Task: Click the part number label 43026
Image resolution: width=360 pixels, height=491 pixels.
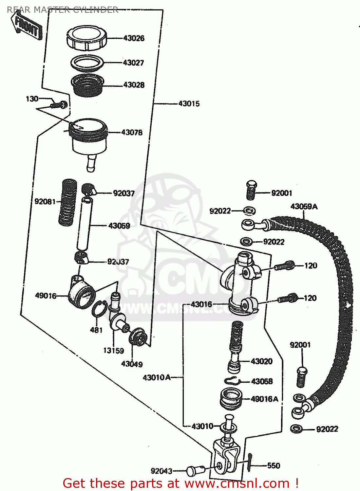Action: pos(134,38)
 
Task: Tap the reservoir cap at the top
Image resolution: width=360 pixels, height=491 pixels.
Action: pos(87,38)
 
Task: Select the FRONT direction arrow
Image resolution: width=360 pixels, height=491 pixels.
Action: pos(27,27)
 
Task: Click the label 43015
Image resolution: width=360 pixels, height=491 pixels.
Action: pos(189,104)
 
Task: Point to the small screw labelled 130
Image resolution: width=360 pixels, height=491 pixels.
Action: pos(59,105)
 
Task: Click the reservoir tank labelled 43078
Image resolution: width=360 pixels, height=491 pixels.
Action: pos(89,137)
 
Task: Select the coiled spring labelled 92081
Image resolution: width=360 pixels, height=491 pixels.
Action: pos(68,202)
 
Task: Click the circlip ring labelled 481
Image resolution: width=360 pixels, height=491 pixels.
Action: pos(99,309)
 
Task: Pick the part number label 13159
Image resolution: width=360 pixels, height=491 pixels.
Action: pos(113,351)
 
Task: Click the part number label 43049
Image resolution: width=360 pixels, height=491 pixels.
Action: pos(132,364)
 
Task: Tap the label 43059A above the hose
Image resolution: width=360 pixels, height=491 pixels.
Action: pos(304,207)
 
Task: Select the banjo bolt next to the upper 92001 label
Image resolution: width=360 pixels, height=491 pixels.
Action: pos(251,190)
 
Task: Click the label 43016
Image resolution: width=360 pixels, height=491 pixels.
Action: pos(201,304)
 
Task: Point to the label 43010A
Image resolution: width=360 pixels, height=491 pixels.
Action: pos(157,378)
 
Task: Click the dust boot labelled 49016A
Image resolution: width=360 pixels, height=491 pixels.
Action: pos(231,398)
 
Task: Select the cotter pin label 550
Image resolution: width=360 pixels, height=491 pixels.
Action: pos(274,465)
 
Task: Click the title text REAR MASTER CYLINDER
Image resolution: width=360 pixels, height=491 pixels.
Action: pos(62,10)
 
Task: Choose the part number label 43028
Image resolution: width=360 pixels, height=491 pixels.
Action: pos(134,85)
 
